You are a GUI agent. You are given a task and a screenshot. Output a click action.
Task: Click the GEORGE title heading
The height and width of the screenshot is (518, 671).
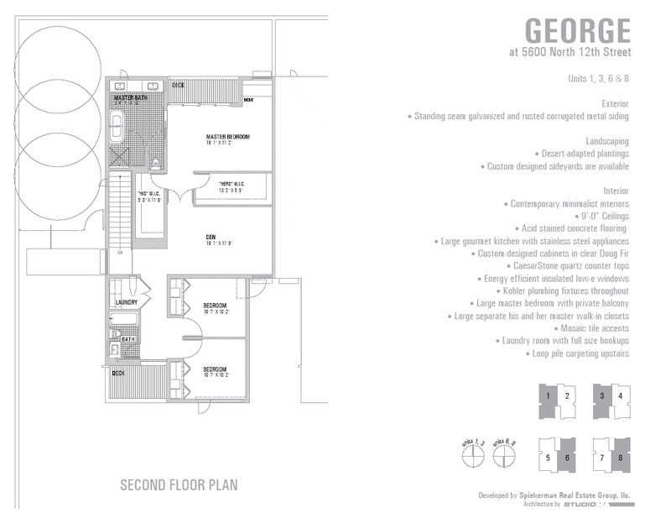tap(577, 30)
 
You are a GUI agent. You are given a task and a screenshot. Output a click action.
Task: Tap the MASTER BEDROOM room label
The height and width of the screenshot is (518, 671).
tap(228, 136)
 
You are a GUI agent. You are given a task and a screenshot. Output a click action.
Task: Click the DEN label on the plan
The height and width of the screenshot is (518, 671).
tap(211, 238)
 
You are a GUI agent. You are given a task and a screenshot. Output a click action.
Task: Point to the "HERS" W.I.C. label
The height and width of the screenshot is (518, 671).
tap(231, 184)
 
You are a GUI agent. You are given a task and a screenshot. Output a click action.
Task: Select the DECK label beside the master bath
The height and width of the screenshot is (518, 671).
tap(178, 85)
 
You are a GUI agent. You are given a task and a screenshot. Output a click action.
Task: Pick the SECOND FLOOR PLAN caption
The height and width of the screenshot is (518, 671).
tap(179, 484)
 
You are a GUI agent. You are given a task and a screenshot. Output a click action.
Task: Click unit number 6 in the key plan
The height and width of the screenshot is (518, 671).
tap(567, 458)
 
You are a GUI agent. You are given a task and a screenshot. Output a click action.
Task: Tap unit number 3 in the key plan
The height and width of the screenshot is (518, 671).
tap(601, 395)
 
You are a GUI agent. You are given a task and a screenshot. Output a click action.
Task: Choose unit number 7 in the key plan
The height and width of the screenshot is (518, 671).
tap(601, 458)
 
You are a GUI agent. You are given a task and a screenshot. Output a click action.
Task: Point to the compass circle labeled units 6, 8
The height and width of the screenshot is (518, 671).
tap(504, 458)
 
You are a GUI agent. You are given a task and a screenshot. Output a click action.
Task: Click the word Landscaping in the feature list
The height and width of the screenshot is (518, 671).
tap(607, 140)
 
